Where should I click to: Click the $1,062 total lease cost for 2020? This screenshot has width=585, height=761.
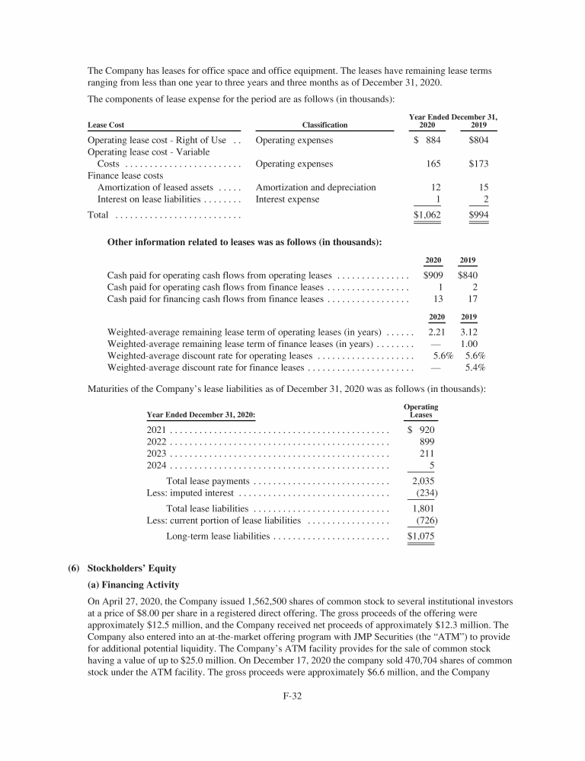(427, 215)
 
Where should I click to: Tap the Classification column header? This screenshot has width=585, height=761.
(324, 125)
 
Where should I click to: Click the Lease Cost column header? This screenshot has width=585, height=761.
(107, 125)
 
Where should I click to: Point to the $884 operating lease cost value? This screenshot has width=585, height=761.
(427, 141)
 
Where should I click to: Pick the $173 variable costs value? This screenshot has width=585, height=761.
(479, 164)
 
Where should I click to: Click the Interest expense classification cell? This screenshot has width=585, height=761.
(288, 199)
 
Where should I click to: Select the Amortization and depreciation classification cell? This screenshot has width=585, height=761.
(316, 187)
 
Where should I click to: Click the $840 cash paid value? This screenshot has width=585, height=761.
(468, 275)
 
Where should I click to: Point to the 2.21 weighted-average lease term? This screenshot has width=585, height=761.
(436, 333)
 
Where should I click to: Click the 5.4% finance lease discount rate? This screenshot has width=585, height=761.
(475, 368)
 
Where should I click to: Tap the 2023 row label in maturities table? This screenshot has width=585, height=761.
(156, 454)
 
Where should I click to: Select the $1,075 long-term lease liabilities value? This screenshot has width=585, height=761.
(421, 537)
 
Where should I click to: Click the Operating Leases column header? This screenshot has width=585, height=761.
(420, 411)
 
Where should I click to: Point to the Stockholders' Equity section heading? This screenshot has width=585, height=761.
(135, 568)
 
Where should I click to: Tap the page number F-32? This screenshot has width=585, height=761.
(292, 715)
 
